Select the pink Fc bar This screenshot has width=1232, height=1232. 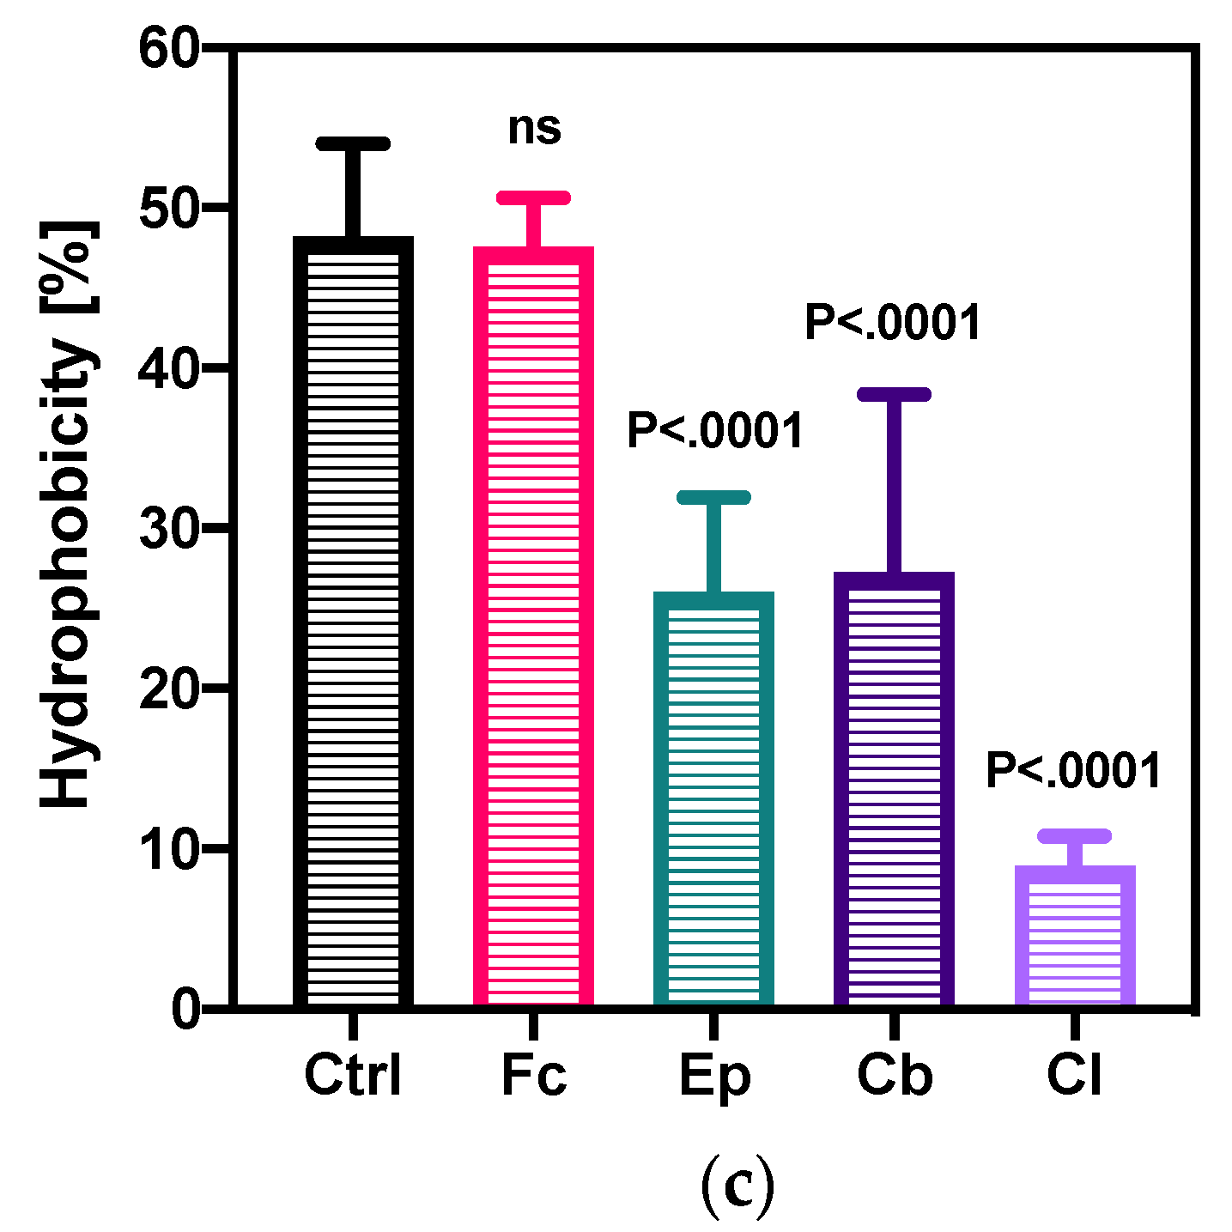coord(533,626)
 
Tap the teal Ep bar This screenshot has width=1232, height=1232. coord(713,798)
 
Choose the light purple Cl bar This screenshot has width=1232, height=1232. coord(1074,935)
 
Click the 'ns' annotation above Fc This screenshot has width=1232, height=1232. coord(534,129)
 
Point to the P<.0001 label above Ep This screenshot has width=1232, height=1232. coord(714,431)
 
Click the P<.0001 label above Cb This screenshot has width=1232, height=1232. coord(893,324)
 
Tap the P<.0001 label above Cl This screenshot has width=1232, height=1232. coord(1073,770)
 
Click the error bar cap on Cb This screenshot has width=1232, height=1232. coord(894,394)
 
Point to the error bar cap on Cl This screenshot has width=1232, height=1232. coord(1074,835)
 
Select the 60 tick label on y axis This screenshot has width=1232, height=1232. coord(169,49)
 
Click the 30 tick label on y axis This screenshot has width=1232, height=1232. coord(169,529)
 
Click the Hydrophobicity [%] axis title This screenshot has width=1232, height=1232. coord(67,515)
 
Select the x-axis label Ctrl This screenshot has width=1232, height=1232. coord(353,1076)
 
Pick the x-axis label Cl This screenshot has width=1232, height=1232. coord(1074,1076)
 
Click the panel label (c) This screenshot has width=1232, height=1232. coord(737,1186)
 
